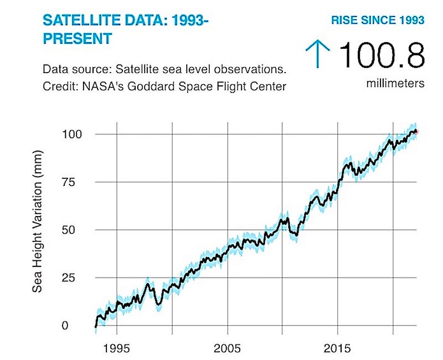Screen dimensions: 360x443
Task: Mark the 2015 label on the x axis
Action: click(x=338, y=349)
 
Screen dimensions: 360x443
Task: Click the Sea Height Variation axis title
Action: click(x=38, y=230)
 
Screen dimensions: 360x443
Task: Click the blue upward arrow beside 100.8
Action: click(x=318, y=56)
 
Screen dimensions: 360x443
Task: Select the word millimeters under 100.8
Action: click(x=395, y=84)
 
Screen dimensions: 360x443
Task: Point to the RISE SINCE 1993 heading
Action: click(x=378, y=20)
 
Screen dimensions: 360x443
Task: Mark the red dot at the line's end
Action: click(x=417, y=131)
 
